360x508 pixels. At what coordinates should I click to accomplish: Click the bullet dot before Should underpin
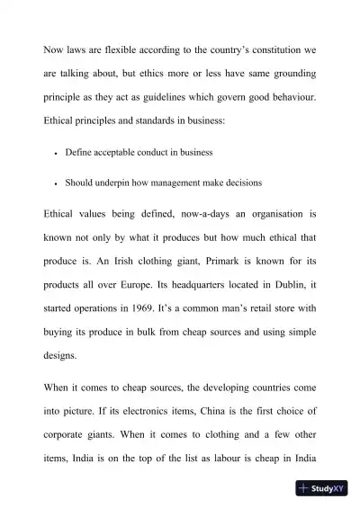pos(56,183)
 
